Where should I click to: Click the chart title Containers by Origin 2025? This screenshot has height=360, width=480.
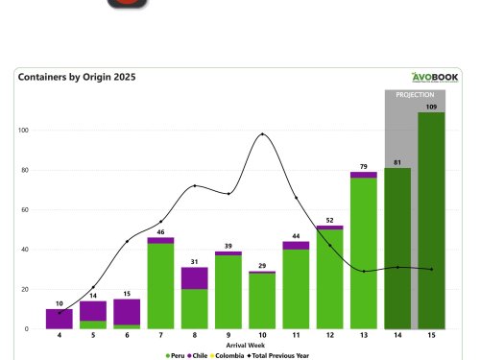77,77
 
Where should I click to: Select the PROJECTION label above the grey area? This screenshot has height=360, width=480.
415,96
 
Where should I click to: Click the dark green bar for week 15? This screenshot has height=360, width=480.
431,221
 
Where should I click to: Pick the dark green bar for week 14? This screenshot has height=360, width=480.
397,249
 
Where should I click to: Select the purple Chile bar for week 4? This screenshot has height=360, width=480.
60,319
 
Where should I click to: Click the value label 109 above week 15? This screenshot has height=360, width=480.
431,107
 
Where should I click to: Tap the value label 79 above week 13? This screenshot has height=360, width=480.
363,166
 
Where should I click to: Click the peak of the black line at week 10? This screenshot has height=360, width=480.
262,134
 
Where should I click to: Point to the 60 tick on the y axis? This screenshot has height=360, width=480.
25,209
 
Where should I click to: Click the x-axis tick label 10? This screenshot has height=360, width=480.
262,336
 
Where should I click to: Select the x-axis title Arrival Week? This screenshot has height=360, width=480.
245,345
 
